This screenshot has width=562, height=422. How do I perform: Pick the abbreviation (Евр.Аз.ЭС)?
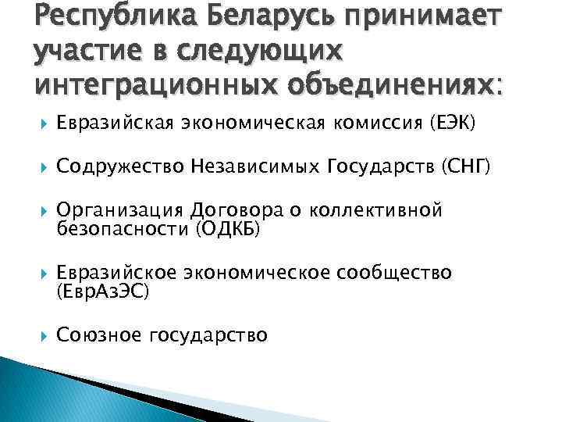point(102,291)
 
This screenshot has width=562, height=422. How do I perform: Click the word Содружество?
point(116,166)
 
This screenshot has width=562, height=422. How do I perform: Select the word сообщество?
point(394,274)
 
